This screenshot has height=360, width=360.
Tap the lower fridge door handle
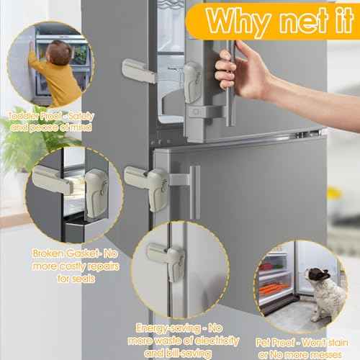[x=194, y=192]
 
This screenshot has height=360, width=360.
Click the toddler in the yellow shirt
[x=58, y=71]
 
